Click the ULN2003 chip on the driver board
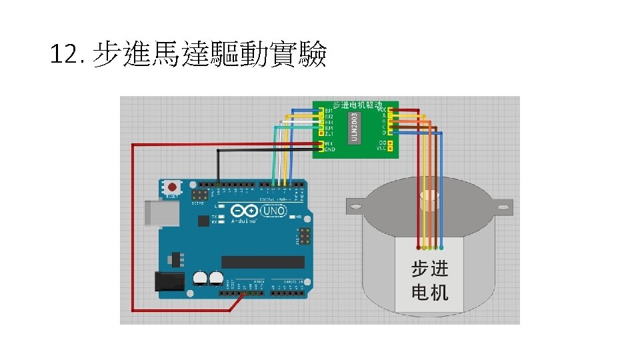(x=354, y=127)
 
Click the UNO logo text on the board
(x=273, y=211)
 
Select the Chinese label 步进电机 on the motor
(x=430, y=280)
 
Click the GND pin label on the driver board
(x=329, y=149)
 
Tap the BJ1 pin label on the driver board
(x=329, y=110)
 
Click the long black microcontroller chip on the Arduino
(x=263, y=261)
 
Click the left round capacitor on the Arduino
(x=199, y=277)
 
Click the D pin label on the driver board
(x=384, y=133)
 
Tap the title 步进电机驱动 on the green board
(x=357, y=105)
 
